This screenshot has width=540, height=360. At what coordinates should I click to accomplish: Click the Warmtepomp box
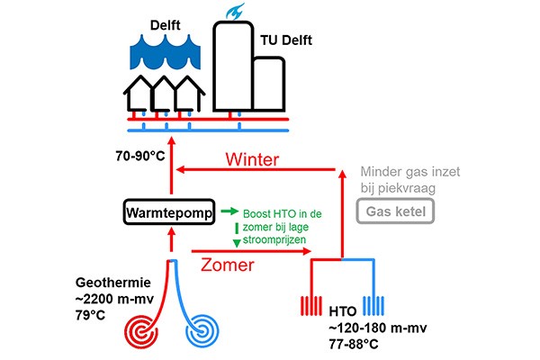(x=169, y=211)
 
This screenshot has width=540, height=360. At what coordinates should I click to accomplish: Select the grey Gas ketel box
(x=395, y=211)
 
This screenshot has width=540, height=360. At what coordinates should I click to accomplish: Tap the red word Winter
(x=252, y=159)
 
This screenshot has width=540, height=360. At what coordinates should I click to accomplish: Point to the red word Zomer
(x=228, y=265)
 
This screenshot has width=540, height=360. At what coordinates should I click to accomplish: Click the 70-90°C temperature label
(x=140, y=156)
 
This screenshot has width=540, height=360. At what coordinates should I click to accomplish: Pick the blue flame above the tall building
(x=235, y=12)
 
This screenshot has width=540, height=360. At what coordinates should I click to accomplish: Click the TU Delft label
(x=286, y=40)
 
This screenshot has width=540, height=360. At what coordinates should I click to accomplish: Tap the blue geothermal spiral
(x=202, y=331)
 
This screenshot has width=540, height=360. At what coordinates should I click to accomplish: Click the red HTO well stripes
(x=311, y=306)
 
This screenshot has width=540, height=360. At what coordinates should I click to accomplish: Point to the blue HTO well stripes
(x=373, y=306)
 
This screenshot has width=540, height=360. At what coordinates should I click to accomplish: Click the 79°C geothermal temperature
(x=90, y=315)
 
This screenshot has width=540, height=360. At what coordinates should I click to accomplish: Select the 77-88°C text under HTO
(x=354, y=344)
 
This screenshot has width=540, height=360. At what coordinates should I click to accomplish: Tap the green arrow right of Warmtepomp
(x=229, y=211)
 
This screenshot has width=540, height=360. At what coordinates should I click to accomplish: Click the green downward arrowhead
(x=237, y=243)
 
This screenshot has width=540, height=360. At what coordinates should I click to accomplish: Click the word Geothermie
(x=113, y=283)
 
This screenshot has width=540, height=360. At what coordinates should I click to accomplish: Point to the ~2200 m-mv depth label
(x=114, y=299)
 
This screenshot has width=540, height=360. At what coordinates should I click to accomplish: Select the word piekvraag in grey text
(x=407, y=189)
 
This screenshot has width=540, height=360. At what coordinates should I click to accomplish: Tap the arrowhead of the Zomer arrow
(x=307, y=251)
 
